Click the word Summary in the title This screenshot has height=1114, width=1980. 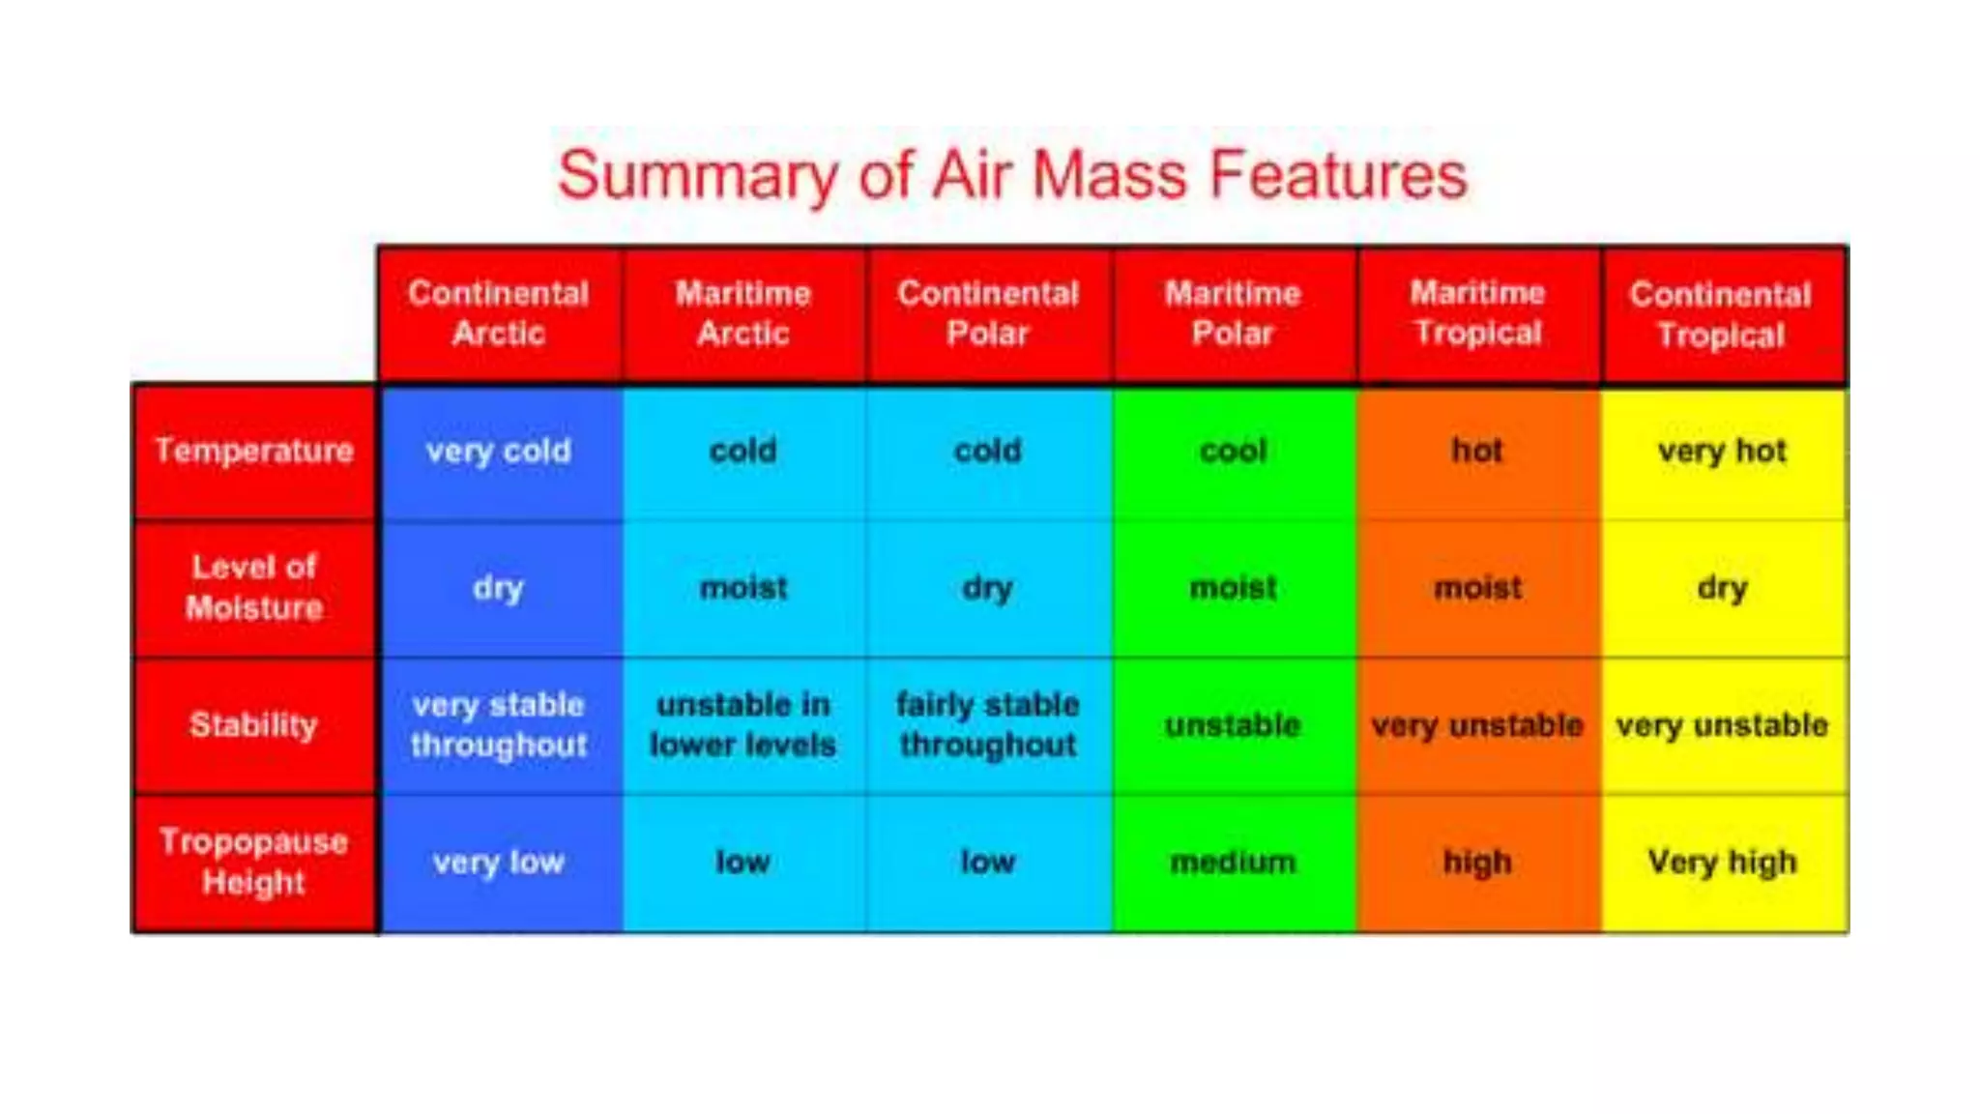[696, 176]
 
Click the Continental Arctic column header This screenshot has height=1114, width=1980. [498, 313]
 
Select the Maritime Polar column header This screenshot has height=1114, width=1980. [1233, 313]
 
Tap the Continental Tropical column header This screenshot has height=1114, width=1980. [1721, 315]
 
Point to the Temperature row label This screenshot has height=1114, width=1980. [254, 451]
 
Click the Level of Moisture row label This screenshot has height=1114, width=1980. [254, 587]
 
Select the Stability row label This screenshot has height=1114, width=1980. [254, 724]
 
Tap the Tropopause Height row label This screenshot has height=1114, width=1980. [254, 862]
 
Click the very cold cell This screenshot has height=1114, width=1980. [498, 451]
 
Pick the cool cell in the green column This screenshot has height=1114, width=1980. [1233, 451]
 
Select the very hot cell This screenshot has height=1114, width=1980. [1722, 451]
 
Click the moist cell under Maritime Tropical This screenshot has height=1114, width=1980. [1477, 587]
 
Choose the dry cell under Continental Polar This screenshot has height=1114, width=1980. [987, 587]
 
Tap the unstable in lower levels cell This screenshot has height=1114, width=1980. [742, 724]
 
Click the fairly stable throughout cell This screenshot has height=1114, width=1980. [987, 724]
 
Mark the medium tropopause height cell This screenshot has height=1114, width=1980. [1233, 862]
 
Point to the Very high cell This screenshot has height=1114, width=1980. [1722, 862]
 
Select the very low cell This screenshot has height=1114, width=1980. [498, 862]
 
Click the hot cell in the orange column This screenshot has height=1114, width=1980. [1477, 451]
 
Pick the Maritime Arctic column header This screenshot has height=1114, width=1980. [742, 313]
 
